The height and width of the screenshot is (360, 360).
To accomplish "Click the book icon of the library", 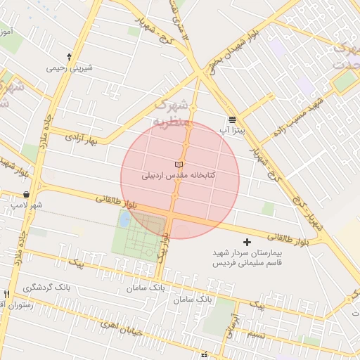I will pyautogui.click(x=177, y=164).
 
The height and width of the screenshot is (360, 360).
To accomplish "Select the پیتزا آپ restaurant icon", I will pyautogui.click(x=233, y=120).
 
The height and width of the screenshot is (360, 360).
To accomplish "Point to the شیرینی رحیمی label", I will pyautogui.click(x=70, y=68).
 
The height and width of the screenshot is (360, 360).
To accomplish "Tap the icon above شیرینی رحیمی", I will pyautogui.click(x=69, y=56).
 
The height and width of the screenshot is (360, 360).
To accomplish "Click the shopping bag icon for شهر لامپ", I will pyautogui.click(x=27, y=194).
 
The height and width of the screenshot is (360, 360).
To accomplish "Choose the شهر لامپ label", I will pyautogui.click(x=27, y=205).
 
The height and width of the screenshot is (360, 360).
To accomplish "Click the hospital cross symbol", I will pyautogui.click(x=246, y=242).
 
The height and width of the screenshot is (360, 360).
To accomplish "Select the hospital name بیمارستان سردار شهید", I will pyautogui.click(x=247, y=252).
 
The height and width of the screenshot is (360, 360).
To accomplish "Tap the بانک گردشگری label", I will pyautogui.click(x=47, y=288).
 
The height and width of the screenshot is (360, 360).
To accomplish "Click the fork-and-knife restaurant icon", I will pyautogui.click(x=6, y=294).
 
